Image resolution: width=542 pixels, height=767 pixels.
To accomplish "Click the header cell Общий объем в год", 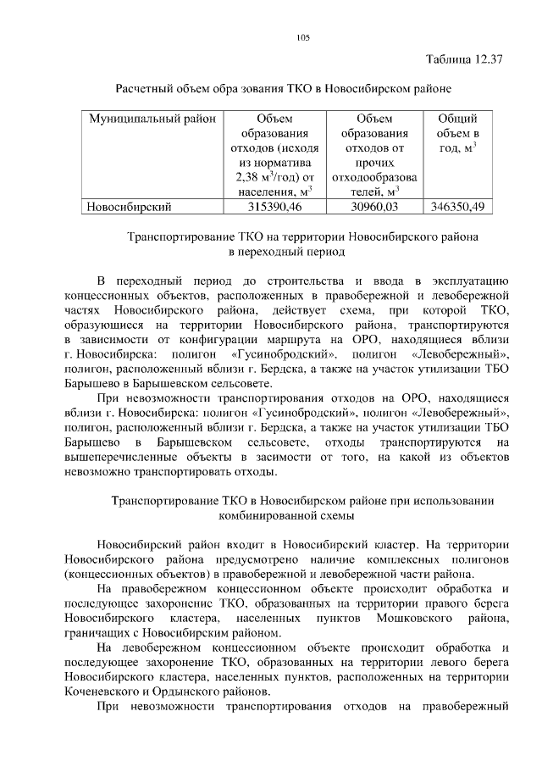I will tap(458, 133).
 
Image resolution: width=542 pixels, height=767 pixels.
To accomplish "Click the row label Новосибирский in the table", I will tap(130, 206).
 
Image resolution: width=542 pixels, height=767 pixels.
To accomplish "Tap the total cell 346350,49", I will tap(458, 206).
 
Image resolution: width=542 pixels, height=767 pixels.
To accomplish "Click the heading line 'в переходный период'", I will tap(289, 252).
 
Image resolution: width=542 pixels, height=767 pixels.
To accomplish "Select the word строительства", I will tap(293, 281).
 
